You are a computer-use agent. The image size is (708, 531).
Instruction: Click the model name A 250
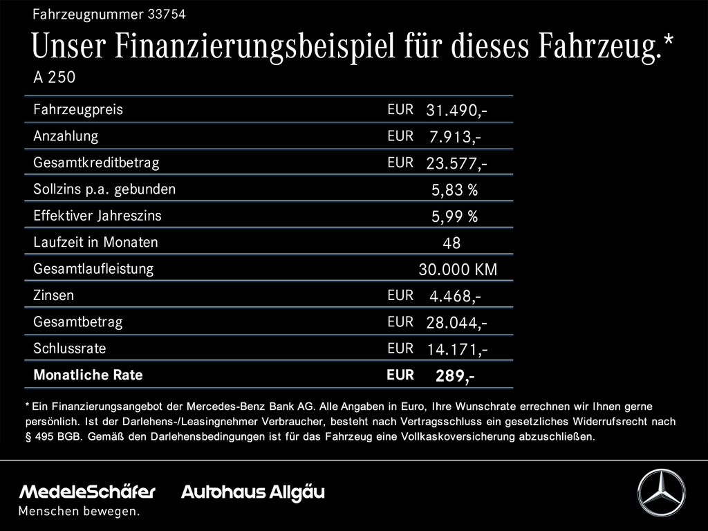point(54,77)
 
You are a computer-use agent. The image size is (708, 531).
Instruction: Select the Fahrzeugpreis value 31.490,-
point(456,111)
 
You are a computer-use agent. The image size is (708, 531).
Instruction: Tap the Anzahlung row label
point(66,136)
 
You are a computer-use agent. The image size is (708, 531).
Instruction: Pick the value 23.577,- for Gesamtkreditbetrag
point(456,164)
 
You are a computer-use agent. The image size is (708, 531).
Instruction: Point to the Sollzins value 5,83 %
point(454,190)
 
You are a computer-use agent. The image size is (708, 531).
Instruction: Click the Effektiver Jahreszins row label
point(97,216)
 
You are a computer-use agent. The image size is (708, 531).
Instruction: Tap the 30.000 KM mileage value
point(458,270)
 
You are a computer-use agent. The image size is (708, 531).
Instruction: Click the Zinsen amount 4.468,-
point(455,297)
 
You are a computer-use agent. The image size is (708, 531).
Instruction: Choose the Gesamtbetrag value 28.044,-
point(456,323)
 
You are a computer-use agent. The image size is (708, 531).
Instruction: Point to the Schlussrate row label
point(69,348)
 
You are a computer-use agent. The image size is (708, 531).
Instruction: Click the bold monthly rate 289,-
point(454,376)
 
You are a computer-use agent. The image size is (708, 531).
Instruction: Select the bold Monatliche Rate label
point(88,375)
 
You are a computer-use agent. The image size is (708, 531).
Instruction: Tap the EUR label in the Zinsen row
point(400,295)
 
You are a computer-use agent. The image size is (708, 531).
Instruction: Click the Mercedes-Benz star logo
point(660,492)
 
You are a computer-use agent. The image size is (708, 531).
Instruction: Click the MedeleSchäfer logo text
point(88,492)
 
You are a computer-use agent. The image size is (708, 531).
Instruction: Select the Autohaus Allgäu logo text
point(252,492)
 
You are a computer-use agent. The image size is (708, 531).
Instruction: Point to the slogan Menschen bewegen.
point(79,512)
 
